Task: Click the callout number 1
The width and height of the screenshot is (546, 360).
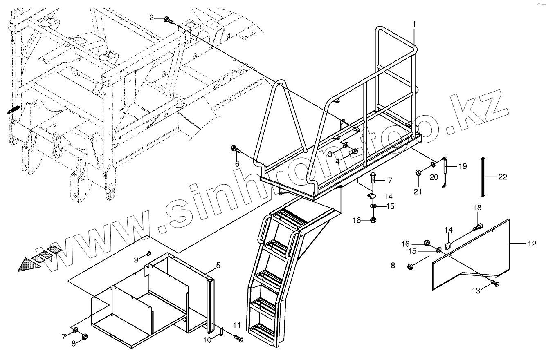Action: [414, 24]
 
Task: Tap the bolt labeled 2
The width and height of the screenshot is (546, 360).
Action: [168, 19]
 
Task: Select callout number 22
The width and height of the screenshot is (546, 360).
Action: [502, 177]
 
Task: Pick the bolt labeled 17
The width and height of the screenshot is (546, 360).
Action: [373, 178]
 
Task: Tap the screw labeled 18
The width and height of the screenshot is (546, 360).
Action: [478, 226]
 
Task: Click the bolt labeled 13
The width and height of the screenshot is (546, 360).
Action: [495, 283]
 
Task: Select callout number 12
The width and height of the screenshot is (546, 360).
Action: [531, 244]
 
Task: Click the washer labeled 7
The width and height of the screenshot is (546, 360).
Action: [76, 329]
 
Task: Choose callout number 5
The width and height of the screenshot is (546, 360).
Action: [218, 266]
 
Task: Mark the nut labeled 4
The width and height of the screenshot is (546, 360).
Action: [355, 152]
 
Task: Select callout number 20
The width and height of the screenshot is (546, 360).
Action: [434, 177]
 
